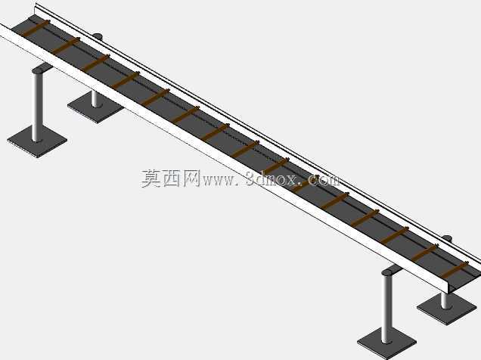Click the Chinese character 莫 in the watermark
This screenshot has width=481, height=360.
[x=151, y=178]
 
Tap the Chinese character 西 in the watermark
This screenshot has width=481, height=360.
[x=171, y=178]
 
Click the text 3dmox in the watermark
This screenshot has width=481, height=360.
[x=271, y=178]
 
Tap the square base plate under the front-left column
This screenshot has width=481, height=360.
[x=37, y=141]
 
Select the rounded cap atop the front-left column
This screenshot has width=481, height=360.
[x=39, y=70]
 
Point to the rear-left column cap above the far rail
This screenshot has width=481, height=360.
[x=98, y=36]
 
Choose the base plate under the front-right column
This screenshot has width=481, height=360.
[x=386, y=342]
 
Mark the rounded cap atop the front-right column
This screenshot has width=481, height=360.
[x=388, y=272]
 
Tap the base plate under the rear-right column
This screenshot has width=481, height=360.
[x=447, y=309]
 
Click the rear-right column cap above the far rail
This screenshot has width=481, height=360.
[x=447, y=237]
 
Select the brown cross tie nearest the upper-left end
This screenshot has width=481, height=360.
[x=36, y=28]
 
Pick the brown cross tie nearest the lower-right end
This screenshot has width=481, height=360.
[x=455, y=270]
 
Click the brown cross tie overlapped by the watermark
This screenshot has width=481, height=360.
[x=306, y=184]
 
